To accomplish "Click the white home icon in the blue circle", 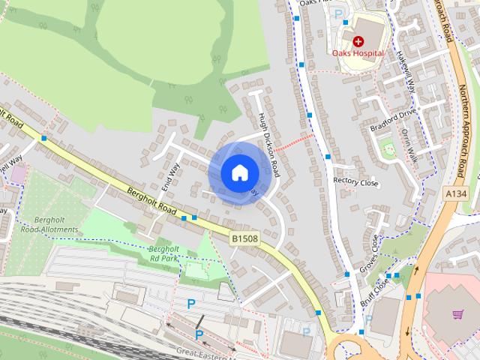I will click(x=239, y=172).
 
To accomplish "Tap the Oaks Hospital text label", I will click(x=358, y=53).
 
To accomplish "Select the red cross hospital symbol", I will click(x=358, y=41).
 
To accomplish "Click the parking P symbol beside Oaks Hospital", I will click(x=338, y=13).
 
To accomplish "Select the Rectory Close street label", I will click(x=355, y=181).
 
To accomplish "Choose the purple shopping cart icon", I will click(x=457, y=314).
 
